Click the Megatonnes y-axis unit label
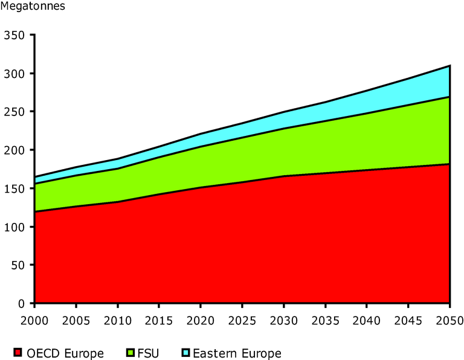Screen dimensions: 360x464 [x=33, y=7]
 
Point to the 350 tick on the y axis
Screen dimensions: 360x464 [x=14, y=35]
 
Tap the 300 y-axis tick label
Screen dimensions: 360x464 [x=14, y=74]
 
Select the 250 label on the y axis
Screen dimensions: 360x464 [x=14, y=112]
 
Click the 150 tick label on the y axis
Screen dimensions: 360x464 [x=14, y=188]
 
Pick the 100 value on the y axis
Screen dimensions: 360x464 [x=14, y=227]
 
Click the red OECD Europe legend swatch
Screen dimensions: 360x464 [x=18, y=353]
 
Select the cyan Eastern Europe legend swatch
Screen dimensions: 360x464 [x=187, y=353]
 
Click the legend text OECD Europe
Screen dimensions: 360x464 [x=65, y=353]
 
